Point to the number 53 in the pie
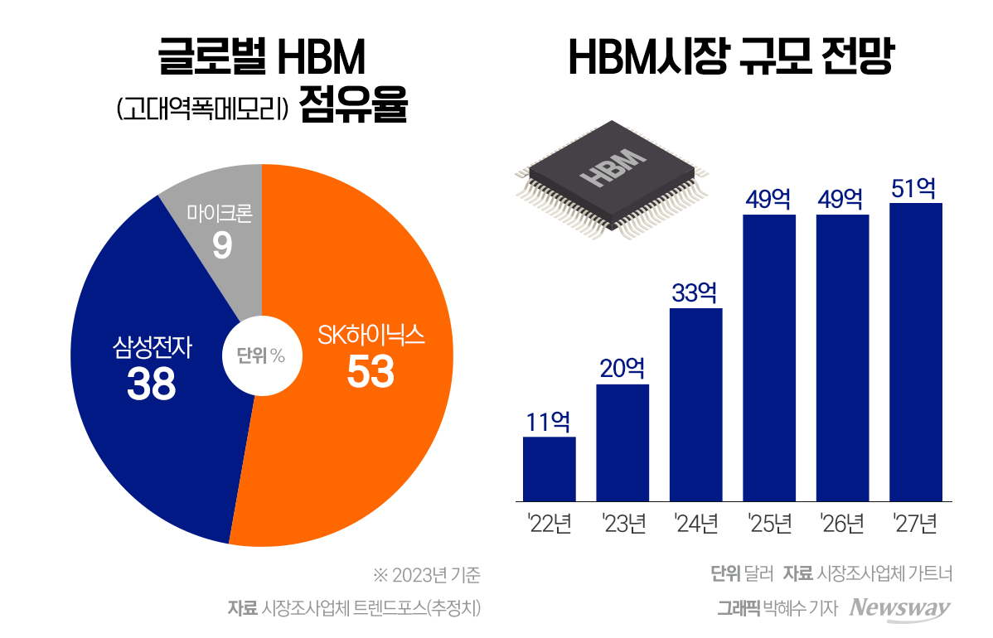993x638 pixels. coord(371,373)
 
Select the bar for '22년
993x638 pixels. coord(549,468)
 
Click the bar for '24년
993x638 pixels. coord(695,404)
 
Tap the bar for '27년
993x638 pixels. coord(915,351)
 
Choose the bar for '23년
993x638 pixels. coord(622,442)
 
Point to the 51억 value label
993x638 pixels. coord(915,188)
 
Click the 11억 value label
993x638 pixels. coord(549,422)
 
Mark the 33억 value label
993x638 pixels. coord(695,293)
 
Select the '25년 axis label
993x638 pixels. coord(769,524)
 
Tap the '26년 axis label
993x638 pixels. coord(842,524)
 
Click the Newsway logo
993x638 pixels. coord(901,607)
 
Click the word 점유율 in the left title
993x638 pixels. coord(354,108)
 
